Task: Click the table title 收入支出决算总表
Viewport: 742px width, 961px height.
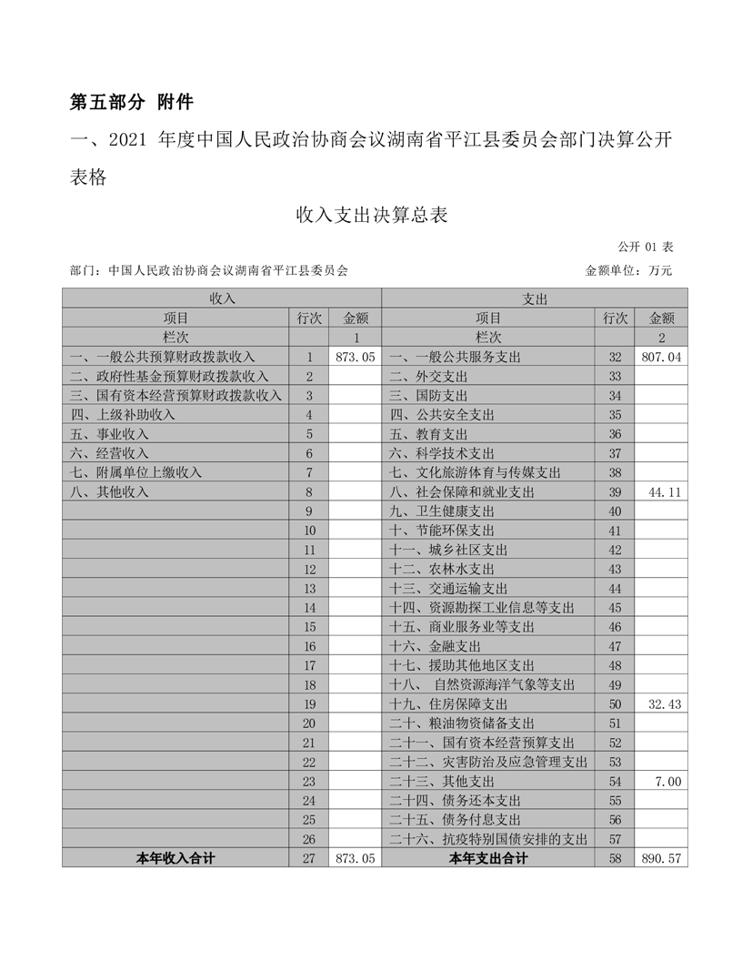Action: [371, 216]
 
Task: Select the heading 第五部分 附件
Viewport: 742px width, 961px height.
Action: [131, 101]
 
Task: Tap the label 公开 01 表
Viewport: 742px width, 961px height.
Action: [645, 247]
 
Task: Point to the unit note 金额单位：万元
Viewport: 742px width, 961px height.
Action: [628, 270]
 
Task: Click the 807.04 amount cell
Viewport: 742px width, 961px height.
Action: [660, 358]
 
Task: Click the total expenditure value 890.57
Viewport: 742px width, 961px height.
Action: [660, 857]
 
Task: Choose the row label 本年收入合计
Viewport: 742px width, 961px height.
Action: [175, 857]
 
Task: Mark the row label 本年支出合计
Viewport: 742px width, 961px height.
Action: [488, 857]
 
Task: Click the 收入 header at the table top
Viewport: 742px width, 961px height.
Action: [222, 298]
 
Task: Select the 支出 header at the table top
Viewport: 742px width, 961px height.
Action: [535, 298]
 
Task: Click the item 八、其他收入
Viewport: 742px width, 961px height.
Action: [108, 492]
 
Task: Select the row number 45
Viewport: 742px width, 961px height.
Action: [615, 608]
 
